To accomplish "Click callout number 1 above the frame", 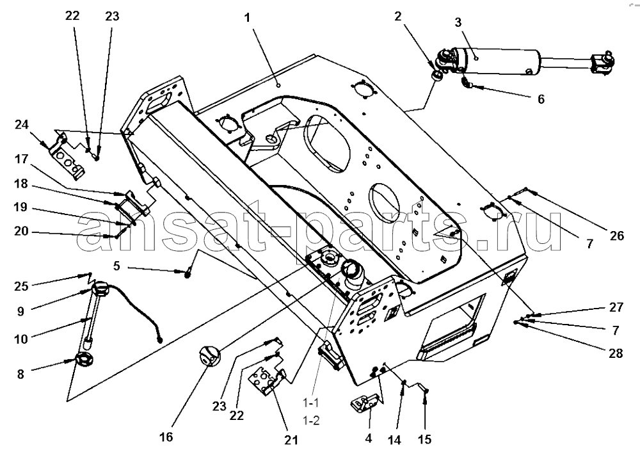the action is click(247, 19).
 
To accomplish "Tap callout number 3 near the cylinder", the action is click(458, 22).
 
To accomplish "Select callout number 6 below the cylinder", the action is click(541, 99).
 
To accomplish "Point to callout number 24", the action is click(22, 124).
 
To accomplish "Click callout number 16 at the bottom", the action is click(166, 437).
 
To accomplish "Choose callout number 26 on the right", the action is click(617, 236).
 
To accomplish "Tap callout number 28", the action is click(616, 353).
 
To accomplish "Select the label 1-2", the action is click(311, 420).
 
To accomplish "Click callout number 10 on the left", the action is click(21, 339).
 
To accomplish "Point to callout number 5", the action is click(116, 266).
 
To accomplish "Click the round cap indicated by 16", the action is click(209, 356).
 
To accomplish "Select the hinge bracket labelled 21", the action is click(268, 381).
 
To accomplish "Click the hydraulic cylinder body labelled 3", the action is click(498, 61).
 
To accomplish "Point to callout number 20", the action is click(21, 231).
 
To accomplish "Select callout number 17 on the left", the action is click(21, 159).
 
